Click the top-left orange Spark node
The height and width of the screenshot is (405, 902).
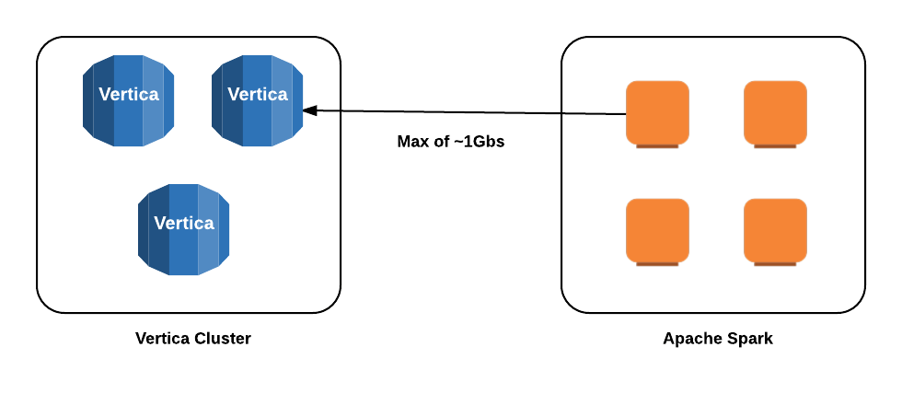coord(657,112)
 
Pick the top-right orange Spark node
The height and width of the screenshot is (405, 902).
coord(775,112)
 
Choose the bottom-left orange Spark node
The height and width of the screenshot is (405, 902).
coord(657,230)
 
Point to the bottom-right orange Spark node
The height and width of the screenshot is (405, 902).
coord(775,230)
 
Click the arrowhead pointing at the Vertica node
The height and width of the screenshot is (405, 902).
coord(310,110)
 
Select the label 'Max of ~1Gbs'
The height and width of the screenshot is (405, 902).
coord(450,142)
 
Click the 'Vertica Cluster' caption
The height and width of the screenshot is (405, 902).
coord(193,338)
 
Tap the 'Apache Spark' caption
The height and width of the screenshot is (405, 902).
coord(718,338)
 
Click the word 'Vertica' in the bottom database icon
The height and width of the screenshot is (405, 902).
coord(183,223)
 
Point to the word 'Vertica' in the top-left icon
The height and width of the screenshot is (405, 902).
coord(128,94)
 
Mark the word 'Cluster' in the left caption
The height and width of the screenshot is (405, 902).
coord(223,338)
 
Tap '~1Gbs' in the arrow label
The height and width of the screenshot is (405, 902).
coord(479,142)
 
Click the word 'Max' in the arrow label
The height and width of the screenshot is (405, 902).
coord(411,142)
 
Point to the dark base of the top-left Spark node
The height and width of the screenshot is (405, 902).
coord(657,145)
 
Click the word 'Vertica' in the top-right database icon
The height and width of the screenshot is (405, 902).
coord(257,94)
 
